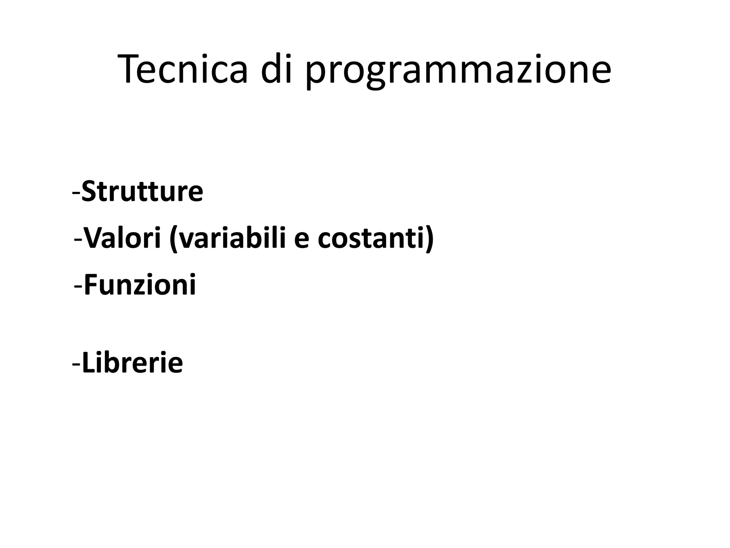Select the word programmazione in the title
point(458,71)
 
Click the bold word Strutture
point(142,192)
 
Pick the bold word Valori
point(123,238)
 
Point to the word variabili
point(232,238)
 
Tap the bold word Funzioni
point(140,285)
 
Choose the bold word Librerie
point(132,363)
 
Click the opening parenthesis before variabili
point(174,240)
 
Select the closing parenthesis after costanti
point(430,240)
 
